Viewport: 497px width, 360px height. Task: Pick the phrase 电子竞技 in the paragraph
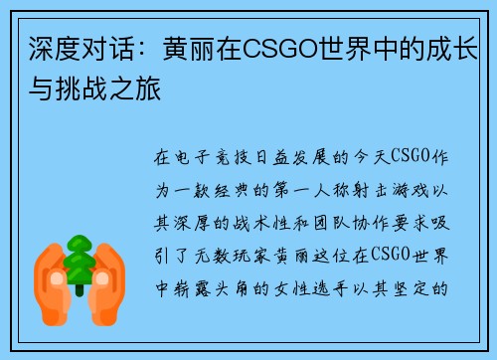tap(213, 157)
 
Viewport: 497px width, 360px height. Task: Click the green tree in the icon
tap(80, 261)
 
